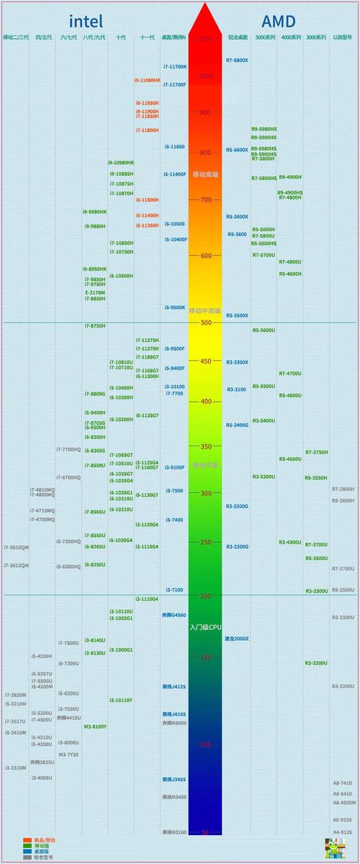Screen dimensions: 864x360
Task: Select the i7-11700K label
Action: click(x=174, y=66)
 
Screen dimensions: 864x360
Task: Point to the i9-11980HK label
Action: click(x=148, y=81)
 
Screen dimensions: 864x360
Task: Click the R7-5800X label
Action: click(x=237, y=60)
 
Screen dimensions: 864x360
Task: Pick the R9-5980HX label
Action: click(x=264, y=129)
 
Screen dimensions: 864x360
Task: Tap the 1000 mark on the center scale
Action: click(x=205, y=76)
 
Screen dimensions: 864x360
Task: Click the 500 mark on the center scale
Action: click(x=205, y=323)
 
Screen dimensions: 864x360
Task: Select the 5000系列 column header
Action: click(x=266, y=37)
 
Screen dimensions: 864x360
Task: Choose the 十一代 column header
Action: click(x=147, y=37)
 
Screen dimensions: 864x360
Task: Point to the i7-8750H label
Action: click(x=94, y=326)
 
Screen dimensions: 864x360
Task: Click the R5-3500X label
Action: click(x=237, y=315)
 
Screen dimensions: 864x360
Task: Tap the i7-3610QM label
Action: click(x=17, y=547)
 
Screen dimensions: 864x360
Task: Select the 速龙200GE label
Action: click(x=237, y=639)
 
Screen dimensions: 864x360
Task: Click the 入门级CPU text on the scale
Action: click(x=205, y=628)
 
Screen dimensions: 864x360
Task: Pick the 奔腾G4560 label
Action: click(x=174, y=615)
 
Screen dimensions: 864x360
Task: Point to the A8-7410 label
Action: click(x=343, y=783)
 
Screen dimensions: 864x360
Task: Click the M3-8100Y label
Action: click(x=95, y=726)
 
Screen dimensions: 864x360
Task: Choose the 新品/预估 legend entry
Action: click(x=45, y=840)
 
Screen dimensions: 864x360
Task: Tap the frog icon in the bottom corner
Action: click(x=333, y=847)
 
